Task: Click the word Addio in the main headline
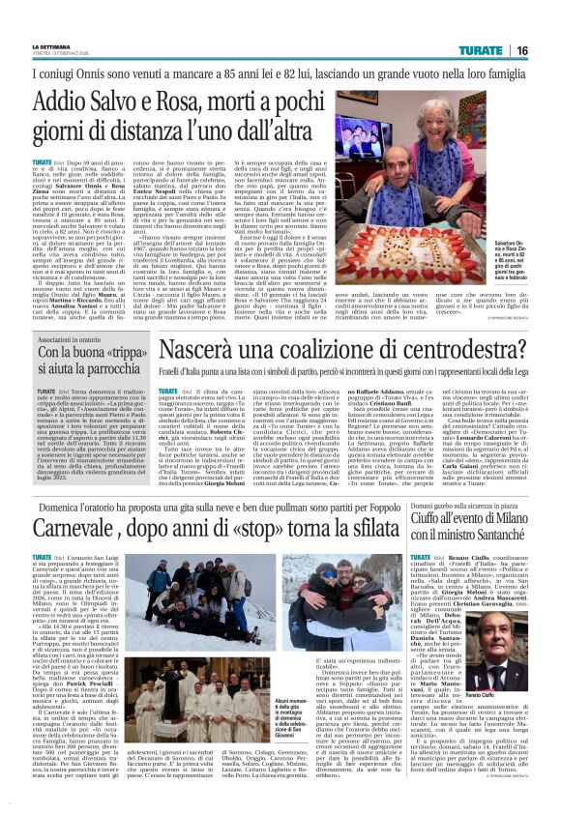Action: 67,103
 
